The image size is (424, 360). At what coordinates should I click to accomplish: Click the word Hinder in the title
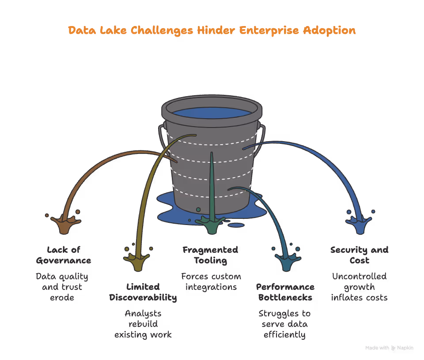click(x=217, y=30)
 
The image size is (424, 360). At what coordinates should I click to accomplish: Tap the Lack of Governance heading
click(x=64, y=255)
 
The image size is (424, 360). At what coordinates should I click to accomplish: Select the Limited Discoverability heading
click(x=143, y=292)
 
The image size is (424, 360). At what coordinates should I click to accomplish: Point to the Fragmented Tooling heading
click(x=210, y=255)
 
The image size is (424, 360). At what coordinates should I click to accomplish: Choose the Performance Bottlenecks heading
click(x=285, y=292)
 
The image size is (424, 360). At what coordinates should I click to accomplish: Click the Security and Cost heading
click(x=359, y=255)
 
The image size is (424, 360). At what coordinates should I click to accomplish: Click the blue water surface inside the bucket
click(x=211, y=112)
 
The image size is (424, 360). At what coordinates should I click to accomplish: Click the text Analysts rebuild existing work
click(x=143, y=324)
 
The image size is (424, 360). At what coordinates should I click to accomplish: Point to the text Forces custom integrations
click(x=211, y=281)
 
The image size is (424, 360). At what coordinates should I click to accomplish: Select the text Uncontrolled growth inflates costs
click(x=359, y=287)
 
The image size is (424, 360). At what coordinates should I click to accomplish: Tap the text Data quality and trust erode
click(x=62, y=287)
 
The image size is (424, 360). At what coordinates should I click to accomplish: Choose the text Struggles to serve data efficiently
click(x=284, y=324)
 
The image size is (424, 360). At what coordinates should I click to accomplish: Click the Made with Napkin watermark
click(x=389, y=348)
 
